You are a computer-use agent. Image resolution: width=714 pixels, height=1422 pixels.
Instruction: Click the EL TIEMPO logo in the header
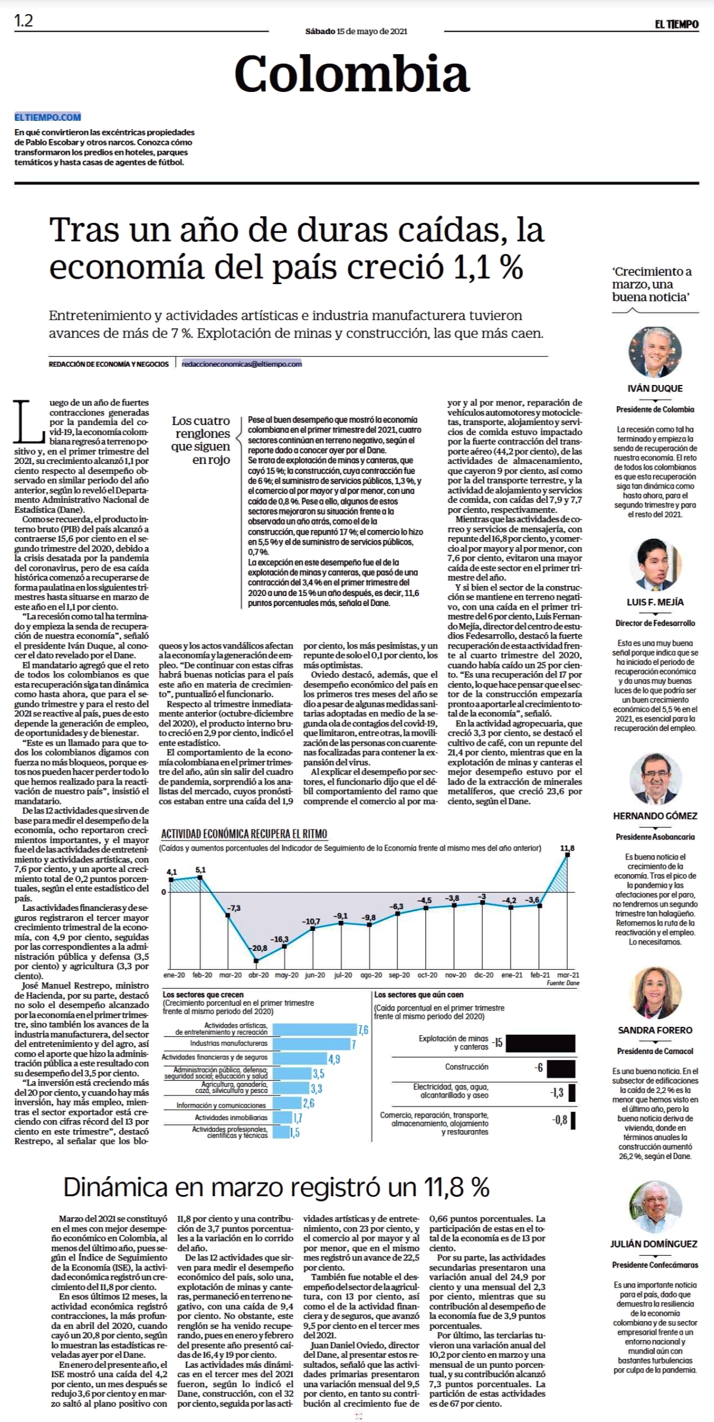[x=676, y=24]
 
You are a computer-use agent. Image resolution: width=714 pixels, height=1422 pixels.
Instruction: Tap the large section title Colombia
[x=352, y=74]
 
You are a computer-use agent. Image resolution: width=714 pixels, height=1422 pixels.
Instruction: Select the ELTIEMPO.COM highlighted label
[x=48, y=117]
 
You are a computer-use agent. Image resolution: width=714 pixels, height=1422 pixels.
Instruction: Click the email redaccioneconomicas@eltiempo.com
[x=242, y=364]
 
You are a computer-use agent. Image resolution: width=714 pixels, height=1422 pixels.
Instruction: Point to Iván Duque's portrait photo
[x=655, y=352]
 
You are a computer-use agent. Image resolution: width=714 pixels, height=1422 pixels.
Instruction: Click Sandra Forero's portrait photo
[x=655, y=993]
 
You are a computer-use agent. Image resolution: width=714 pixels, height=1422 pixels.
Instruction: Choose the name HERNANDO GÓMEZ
[x=655, y=815]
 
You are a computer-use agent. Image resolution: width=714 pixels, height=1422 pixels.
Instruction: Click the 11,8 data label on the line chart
[x=567, y=848]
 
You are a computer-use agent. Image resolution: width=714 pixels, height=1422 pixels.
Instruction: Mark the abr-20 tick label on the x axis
[x=258, y=975]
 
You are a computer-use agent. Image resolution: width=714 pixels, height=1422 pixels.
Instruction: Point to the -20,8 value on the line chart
[x=259, y=947]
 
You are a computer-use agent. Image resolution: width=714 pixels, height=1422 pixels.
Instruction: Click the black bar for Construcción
[x=561, y=1068]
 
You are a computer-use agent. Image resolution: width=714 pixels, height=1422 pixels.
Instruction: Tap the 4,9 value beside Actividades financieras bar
[x=334, y=1059]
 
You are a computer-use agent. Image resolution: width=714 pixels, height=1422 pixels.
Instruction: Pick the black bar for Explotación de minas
[x=541, y=1043]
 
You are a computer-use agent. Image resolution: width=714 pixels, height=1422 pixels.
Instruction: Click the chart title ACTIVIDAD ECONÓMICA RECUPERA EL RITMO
[x=244, y=834]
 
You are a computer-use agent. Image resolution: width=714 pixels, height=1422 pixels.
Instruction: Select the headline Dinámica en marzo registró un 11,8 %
[x=277, y=1187]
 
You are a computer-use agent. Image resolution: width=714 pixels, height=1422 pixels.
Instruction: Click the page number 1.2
[x=24, y=21]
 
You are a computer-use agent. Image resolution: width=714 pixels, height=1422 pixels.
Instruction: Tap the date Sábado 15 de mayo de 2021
[x=356, y=31]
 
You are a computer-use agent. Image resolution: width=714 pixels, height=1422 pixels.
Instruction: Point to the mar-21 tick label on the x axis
[x=568, y=975]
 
